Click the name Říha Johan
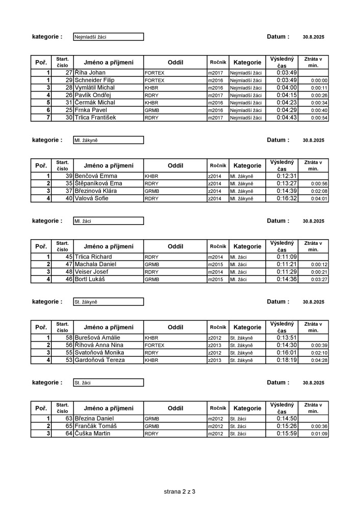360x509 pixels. pyautogui.click(x=90, y=73)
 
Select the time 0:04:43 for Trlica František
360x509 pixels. pyautogui.click(x=283, y=118)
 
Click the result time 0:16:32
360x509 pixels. pyautogui.click(x=283, y=199)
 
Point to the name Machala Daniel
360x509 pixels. pyautogui.click(x=96, y=265)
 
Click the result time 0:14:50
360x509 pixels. pyautogui.click(x=283, y=418)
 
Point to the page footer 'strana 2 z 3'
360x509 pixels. pyautogui.click(x=180, y=492)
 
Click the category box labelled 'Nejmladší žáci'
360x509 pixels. pyautogui.click(x=108, y=37)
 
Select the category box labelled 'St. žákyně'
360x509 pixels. pyautogui.click(x=108, y=302)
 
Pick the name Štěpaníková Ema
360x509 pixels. pyautogui.click(x=99, y=184)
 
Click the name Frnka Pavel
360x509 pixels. pyautogui.click(x=91, y=110)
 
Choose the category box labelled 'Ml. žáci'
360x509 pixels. pyautogui.click(x=108, y=221)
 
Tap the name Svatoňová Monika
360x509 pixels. pyautogui.click(x=100, y=353)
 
